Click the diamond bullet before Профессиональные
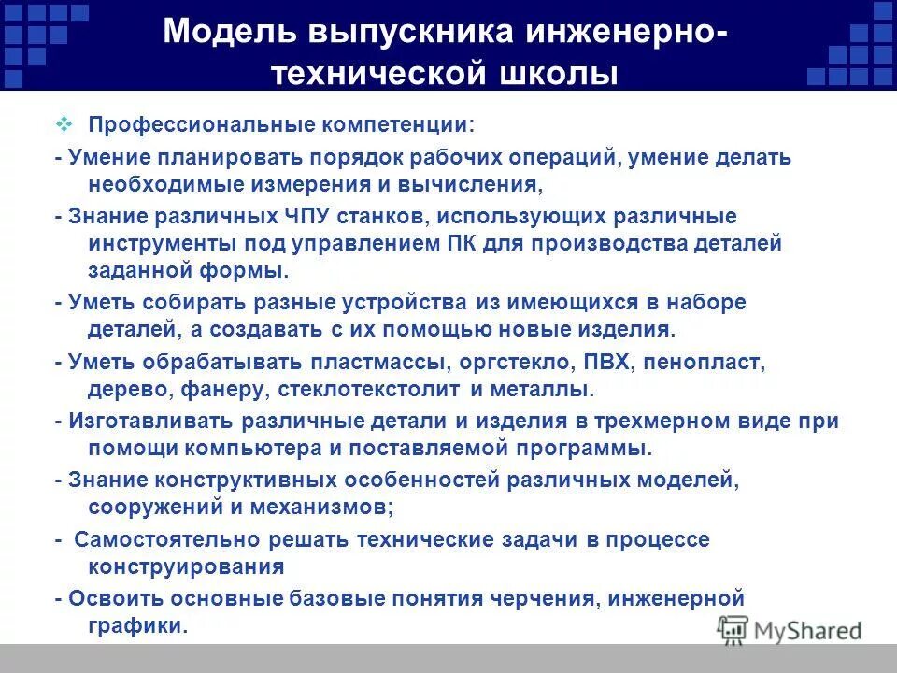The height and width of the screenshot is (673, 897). [x=64, y=123]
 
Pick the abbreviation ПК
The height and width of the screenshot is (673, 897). [x=480, y=244]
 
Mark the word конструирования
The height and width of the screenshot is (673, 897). [x=187, y=566]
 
